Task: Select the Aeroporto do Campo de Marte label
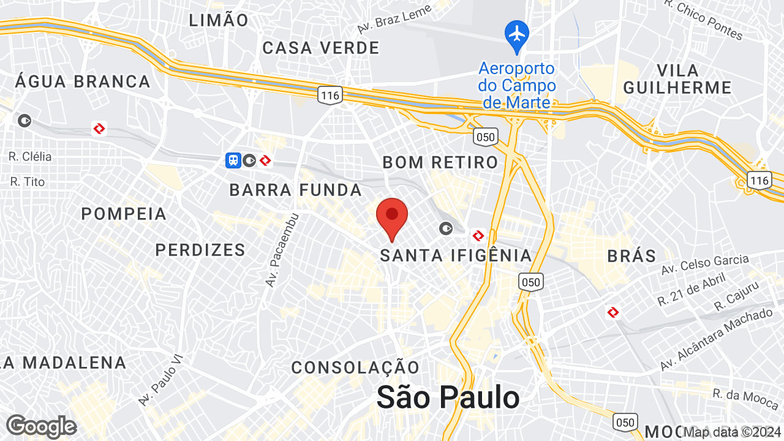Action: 517,85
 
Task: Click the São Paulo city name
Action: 448,398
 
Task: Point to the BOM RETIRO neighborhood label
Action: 440,162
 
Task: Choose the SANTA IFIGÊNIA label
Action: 456,255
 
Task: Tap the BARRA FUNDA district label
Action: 296,190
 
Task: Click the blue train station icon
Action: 233,160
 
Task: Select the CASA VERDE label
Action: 321,48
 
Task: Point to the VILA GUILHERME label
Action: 677,78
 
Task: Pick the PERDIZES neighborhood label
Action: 200,250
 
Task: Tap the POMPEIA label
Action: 124,214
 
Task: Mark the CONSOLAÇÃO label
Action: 355,367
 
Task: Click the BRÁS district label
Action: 631,256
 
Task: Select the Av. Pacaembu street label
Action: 281,251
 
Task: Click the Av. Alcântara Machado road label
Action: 716,339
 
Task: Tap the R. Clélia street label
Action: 30,157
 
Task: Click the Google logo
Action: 41,426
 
